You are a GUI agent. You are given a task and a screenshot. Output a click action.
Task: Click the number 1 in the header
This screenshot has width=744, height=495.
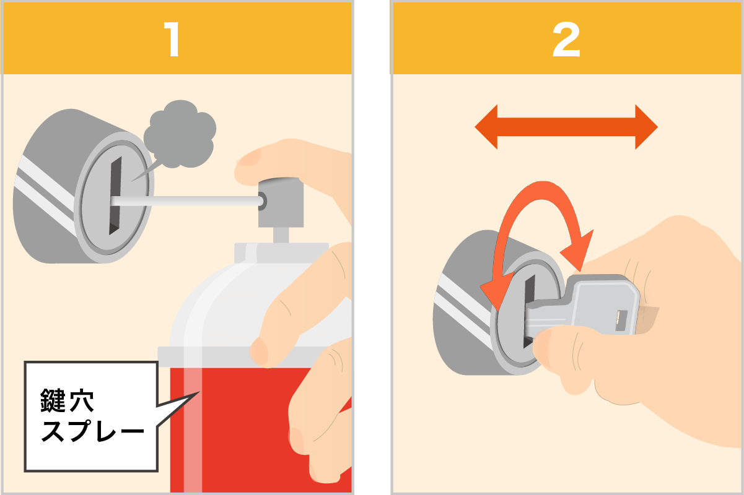[172, 39]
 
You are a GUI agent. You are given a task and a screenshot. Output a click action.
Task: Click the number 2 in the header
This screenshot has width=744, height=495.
[566, 40]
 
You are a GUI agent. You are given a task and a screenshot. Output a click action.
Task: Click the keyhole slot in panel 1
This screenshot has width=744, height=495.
[115, 196]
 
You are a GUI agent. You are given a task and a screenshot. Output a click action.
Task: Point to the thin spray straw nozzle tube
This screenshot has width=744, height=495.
[186, 201]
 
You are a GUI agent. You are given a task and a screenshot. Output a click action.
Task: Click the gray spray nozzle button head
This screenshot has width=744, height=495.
[281, 203]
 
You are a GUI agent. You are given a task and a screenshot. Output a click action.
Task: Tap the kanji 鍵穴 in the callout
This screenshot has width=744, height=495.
[67, 400]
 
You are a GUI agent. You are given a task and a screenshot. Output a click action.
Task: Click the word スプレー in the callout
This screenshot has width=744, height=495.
[92, 431]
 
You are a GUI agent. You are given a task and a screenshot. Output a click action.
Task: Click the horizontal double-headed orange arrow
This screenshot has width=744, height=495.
[566, 127]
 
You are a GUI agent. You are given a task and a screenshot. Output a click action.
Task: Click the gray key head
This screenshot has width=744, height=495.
[601, 304]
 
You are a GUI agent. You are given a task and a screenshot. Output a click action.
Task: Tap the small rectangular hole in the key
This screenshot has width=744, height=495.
[621, 321]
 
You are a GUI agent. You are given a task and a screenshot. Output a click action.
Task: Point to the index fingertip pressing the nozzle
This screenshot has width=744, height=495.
[249, 165]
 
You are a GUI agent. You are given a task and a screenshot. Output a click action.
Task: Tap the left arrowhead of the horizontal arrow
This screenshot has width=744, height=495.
[486, 127]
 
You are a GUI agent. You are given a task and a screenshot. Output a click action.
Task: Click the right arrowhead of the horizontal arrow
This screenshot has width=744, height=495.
[647, 127]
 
